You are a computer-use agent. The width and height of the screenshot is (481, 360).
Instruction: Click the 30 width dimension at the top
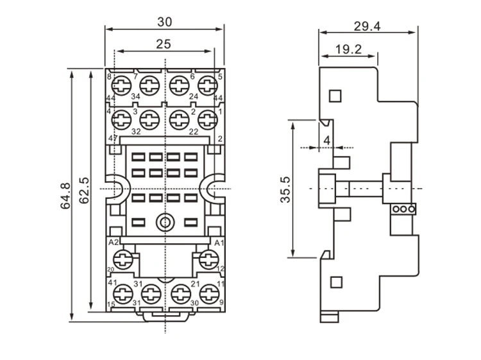(165, 21)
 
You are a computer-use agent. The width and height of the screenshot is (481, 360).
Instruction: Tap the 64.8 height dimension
(64, 195)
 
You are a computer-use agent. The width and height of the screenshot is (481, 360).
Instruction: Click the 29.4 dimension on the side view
(367, 26)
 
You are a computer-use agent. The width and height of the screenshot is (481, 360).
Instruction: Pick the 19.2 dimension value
(348, 48)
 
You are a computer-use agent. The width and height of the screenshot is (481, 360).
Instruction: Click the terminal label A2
(114, 242)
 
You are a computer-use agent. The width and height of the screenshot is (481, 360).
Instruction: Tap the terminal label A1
(218, 242)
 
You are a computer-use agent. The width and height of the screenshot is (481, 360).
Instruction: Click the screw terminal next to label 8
(121, 85)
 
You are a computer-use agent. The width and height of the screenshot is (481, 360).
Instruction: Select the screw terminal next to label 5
(208, 85)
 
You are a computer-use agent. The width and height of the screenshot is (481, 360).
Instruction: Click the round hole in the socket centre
(165, 222)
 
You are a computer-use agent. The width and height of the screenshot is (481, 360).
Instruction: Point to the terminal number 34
(136, 97)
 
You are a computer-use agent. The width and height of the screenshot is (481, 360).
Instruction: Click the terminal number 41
(112, 282)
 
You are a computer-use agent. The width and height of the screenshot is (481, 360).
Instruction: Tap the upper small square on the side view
(334, 96)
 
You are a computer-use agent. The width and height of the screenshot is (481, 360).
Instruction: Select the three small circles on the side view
(403, 209)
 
